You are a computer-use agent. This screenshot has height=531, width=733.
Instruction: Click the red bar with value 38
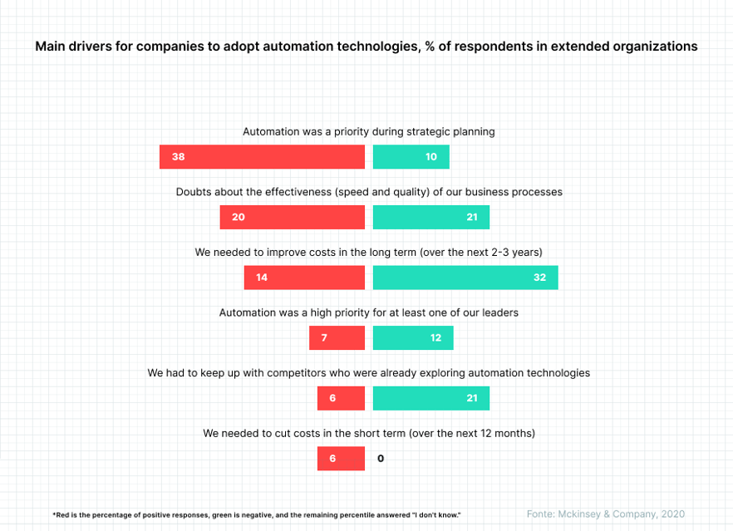262,157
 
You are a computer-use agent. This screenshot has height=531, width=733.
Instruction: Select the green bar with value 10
411,157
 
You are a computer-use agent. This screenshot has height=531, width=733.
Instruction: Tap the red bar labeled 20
292,217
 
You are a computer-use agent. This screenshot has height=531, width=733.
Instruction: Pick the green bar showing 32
465,278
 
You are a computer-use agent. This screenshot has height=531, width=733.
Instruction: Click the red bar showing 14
304,278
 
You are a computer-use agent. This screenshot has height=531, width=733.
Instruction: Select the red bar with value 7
337,338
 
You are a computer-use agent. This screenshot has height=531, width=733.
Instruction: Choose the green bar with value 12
413,338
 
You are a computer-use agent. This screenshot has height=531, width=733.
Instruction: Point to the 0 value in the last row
381,459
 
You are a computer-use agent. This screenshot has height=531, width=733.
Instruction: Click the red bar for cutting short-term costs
341,459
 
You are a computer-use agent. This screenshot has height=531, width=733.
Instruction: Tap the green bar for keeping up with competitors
430,398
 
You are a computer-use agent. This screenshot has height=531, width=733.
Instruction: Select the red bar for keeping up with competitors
341,398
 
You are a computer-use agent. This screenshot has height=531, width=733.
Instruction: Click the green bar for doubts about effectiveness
430,217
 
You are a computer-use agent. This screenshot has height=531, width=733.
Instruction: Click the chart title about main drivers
366,47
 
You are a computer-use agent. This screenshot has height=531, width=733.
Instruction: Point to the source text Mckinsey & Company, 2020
606,514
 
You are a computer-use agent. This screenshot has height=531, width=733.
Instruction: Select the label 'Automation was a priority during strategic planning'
368,131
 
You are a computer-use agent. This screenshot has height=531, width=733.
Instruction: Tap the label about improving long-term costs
368,252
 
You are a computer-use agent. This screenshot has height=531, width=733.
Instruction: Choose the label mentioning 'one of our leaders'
368,312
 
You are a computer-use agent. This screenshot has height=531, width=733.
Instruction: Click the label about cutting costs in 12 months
368,433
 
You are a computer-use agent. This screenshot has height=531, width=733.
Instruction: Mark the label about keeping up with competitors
368,373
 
